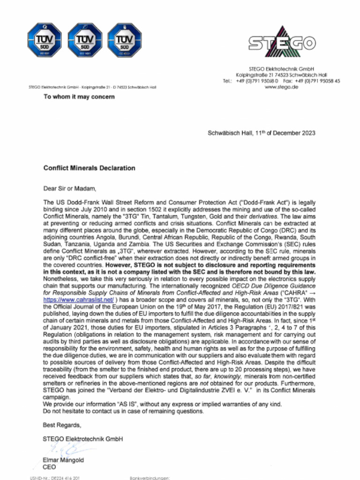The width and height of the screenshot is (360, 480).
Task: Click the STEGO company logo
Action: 282,43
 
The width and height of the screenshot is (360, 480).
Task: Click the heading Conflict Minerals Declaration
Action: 89,168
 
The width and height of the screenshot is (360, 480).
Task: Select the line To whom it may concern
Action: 79,97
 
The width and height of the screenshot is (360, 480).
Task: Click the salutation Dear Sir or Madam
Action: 69,189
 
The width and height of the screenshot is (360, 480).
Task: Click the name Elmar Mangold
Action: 63,460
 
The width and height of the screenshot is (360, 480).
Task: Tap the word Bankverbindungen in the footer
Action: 149,478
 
